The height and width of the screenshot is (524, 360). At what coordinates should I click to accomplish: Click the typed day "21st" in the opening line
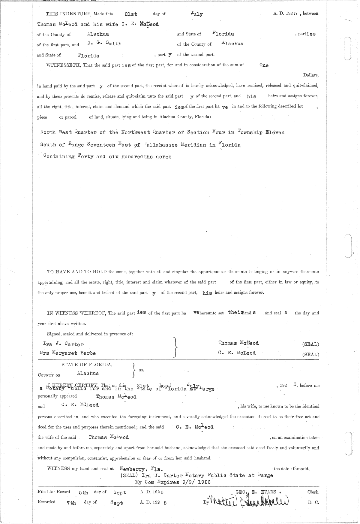131,14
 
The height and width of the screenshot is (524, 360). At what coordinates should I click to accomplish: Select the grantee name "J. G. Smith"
104,44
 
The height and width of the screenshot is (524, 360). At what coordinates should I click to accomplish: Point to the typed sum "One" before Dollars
264,65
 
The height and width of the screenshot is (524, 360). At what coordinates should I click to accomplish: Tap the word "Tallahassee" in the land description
160,145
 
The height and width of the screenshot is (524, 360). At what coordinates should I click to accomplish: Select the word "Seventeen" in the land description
101,145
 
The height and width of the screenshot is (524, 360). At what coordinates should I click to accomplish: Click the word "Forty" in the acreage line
85,156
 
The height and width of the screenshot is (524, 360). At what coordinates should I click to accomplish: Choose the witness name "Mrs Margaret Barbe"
67,353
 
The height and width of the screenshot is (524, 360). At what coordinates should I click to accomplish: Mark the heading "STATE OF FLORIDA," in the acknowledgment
87,365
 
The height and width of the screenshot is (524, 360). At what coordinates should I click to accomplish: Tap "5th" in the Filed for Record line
83,492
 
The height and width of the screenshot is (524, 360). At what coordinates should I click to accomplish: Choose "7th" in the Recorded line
71,503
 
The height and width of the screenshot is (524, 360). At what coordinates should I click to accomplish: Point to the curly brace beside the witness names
176,348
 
